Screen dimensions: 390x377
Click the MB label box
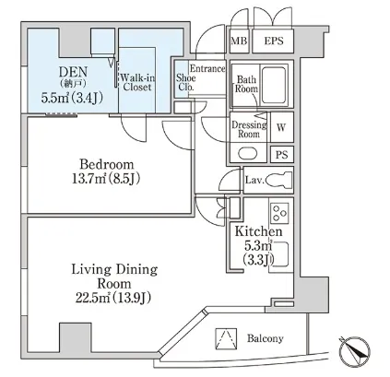[x=239, y=41]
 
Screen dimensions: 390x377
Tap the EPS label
[x=274, y=41]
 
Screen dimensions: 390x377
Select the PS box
[x=282, y=154]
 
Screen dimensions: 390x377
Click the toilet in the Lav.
[x=278, y=180]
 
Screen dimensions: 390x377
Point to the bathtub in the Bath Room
[x=274, y=85]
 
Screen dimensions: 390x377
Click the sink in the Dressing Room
[x=248, y=153]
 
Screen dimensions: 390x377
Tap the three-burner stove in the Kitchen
[x=279, y=213]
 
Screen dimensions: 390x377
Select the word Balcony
[x=265, y=338]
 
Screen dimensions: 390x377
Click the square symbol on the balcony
[x=226, y=339]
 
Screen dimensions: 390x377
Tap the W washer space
[x=282, y=127]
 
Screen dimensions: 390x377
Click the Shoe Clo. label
[x=185, y=82]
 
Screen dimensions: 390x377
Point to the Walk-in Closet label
[x=137, y=82]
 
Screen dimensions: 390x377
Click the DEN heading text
[x=73, y=72]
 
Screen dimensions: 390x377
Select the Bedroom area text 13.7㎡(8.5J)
[x=106, y=179]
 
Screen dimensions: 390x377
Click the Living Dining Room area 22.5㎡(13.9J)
[x=113, y=298]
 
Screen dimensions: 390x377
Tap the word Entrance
[x=207, y=68]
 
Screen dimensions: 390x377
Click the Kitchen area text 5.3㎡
[x=258, y=245]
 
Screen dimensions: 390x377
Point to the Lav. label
[x=254, y=180]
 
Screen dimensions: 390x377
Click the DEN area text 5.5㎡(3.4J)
[x=72, y=98]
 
